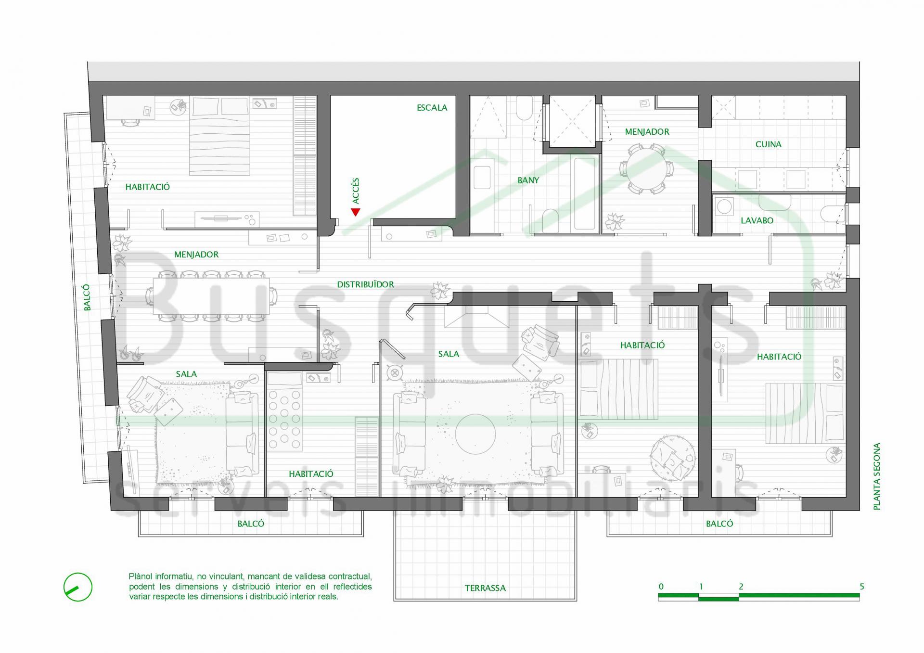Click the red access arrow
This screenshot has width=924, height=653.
[356, 212]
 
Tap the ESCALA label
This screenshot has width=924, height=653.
[432, 108]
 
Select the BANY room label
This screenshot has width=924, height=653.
[528, 180]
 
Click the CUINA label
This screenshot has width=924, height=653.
[768, 144]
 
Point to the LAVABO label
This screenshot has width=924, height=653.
[757, 220]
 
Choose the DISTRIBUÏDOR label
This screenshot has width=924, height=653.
[365, 284]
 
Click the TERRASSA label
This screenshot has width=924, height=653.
[485, 588]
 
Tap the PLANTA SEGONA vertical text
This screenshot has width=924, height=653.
[876, 476]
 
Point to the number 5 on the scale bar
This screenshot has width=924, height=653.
[862, 587]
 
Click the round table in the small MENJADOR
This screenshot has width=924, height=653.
[647, 169]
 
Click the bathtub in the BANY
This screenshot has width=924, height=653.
[584, 193]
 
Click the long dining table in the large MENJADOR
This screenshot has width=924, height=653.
[211, 296]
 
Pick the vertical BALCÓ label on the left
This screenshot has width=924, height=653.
[87, 297]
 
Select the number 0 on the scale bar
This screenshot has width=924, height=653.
[661, 587]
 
